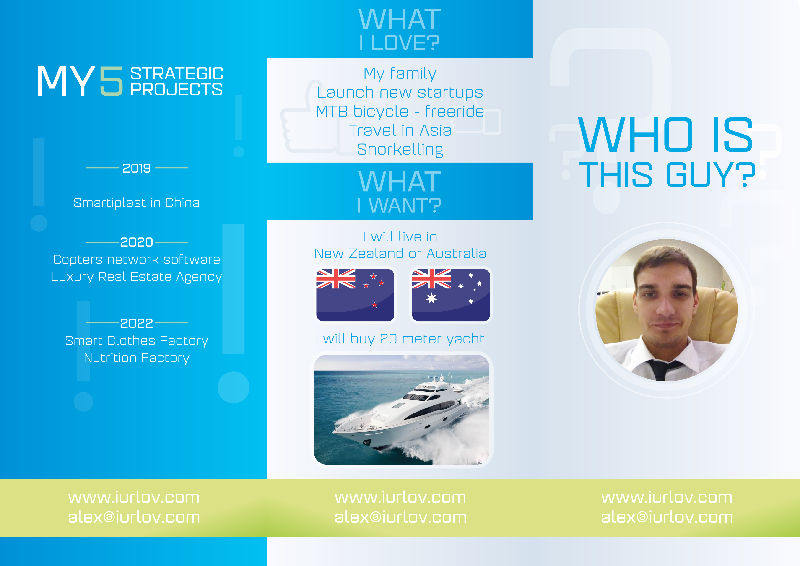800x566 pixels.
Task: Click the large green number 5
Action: point(112,81)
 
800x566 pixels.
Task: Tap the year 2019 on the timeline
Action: point(137,168)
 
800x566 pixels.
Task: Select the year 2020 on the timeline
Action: point(137,242)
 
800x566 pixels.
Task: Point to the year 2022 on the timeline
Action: point(137,323)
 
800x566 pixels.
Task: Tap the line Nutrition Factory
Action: point(137,358)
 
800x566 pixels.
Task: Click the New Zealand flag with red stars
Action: point(355,295)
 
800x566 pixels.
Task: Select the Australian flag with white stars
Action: point(451,295)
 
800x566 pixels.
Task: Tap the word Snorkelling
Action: point(400,150)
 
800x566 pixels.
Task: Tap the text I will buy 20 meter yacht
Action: point(400,339)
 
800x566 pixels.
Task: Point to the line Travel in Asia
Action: point(400,131)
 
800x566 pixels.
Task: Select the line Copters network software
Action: point(137,260)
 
